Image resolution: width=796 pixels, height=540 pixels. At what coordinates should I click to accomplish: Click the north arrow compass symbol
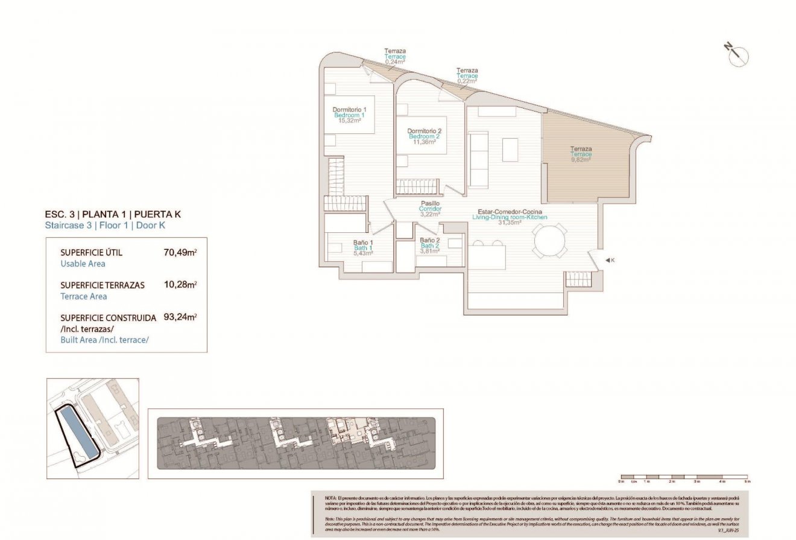[x=737, y=54]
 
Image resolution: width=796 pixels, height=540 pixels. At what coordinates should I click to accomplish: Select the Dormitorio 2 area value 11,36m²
[x=424, y=142]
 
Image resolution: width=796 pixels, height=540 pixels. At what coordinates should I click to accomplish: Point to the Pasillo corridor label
[x=430, y=203]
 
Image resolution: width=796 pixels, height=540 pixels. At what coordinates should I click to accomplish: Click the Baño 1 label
[x=362, y=243]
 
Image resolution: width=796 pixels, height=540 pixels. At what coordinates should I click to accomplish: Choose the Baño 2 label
[x=429, y=240]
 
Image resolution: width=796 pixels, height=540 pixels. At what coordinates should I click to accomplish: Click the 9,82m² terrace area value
[x=581, y=160]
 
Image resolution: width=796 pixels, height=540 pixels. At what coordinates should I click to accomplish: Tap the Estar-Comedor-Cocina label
[x=510, y=211]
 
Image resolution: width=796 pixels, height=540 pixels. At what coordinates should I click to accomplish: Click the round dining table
[x=549, y=242]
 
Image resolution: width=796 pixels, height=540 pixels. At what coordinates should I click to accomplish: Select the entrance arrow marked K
[x=609, y=260]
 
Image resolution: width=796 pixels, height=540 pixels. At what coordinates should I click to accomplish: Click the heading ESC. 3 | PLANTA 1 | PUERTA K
[x=113, y=214]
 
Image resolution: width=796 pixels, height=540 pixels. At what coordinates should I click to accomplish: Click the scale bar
[x=684, y=476]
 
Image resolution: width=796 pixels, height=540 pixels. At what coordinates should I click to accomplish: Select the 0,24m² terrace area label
[x=395, y=62]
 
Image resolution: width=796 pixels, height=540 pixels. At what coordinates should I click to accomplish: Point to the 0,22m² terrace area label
[x=467, y=81]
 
